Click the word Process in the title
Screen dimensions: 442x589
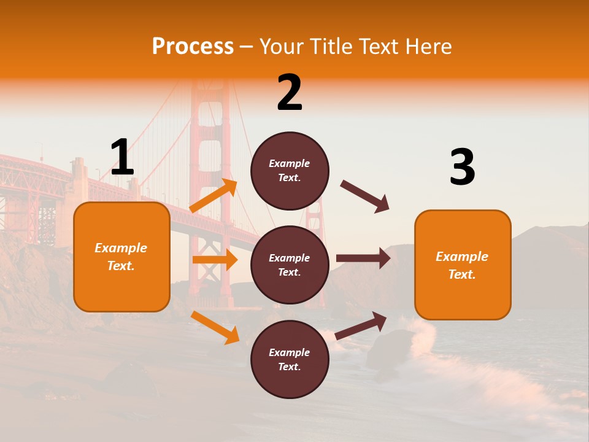[193, 47]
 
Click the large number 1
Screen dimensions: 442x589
[122, 158]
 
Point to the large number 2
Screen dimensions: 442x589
[290, 93]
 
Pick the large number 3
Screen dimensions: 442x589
[462, 168]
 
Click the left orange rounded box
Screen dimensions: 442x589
[121, 257]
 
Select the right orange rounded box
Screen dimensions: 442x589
[463, 265]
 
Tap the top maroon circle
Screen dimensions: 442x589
[290, 171]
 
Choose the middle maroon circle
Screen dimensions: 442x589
[290, 265]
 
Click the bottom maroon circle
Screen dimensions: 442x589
[290, 359]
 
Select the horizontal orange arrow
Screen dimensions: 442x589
[215, 260]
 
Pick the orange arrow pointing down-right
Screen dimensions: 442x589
[215, 327]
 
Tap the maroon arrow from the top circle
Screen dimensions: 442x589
[365, 196]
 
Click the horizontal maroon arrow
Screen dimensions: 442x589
[363, 258]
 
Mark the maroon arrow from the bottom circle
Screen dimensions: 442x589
[361, 325]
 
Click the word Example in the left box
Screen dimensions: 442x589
[121, 248]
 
